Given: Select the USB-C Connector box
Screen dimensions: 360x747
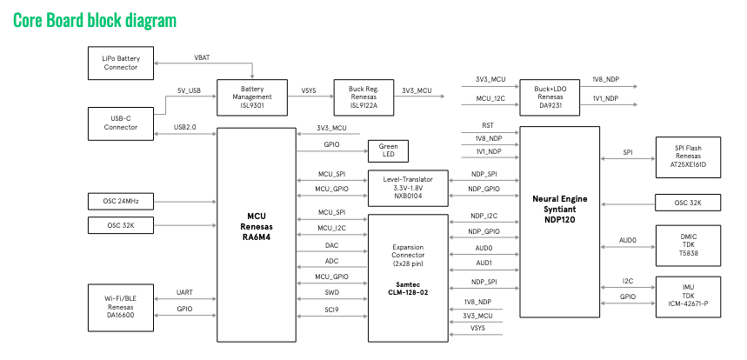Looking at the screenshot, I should click(121, 123).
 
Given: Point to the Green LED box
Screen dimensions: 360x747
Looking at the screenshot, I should click(389, 150).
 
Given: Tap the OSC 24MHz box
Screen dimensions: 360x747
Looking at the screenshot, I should click(121, 202).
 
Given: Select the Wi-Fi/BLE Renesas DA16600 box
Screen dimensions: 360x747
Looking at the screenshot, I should click(121, 306).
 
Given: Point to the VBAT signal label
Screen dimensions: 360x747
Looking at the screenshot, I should click(202, 57).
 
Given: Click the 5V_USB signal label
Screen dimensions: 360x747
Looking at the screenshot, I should click(189, 90).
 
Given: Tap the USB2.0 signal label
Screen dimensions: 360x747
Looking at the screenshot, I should click(185, 127).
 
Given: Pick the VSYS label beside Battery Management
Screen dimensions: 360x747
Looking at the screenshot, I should click(309, 90).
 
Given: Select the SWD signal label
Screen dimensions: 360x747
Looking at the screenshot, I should click(331, 292).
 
